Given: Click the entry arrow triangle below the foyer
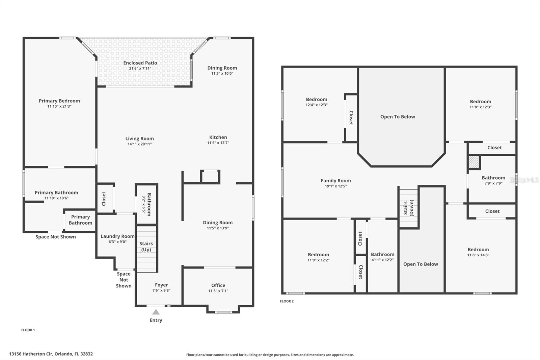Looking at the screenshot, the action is tap(156, 312).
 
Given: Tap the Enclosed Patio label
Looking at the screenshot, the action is tap(140, 63).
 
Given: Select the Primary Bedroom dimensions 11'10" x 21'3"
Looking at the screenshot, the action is tap(59, 106).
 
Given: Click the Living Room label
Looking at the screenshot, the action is tap(139, 138).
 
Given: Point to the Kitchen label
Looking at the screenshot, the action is tap(218, 137).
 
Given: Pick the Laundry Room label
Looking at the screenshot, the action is tap(117, 236).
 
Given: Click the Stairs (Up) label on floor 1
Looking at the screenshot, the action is tap(146, 246).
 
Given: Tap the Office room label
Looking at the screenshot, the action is tap(218, 285).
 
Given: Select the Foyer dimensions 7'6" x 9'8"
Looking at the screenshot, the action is tap(161, 290).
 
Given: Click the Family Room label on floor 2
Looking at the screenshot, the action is tap(335, 180).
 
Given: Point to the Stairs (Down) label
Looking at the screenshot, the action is tap(408, 208).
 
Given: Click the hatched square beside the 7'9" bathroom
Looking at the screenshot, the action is tap(474, 162).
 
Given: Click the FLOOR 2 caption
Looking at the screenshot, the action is tap(287, 301).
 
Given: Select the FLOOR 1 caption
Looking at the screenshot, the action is tap(28, 330).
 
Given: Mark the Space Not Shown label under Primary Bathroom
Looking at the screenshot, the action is tap(56, 237).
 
